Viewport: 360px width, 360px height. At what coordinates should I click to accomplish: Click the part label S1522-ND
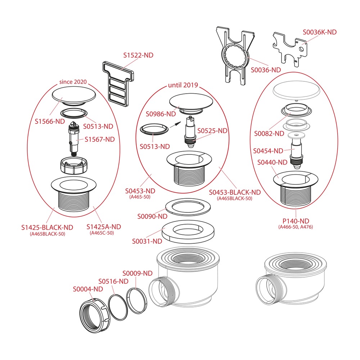[138, 55]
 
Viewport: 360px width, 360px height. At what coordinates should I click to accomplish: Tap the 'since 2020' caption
[73, 82]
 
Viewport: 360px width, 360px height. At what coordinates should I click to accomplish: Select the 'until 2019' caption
[183, 85]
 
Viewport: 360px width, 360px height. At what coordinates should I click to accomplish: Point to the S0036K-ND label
[320, 32]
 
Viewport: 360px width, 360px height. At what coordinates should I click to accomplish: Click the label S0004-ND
[88, 289]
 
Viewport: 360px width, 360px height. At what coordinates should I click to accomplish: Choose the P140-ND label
[296, 221]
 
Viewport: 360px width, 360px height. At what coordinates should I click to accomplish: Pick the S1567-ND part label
[100, 139]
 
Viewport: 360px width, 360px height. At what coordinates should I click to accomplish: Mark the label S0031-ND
[147, 241]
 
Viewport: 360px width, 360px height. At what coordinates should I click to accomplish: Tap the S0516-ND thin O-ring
[118, 307]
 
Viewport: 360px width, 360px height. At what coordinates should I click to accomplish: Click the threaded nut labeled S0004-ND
[95, 316]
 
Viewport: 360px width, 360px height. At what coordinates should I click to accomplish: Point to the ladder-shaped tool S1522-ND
[118, 84]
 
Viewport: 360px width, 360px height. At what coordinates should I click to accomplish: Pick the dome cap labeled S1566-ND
[74, 96]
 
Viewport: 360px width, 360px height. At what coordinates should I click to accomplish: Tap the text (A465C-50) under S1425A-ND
[102, 233]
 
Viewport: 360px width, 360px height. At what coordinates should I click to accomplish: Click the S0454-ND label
[268, 151]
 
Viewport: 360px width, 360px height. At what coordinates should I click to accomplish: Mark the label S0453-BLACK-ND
[235, 192]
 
